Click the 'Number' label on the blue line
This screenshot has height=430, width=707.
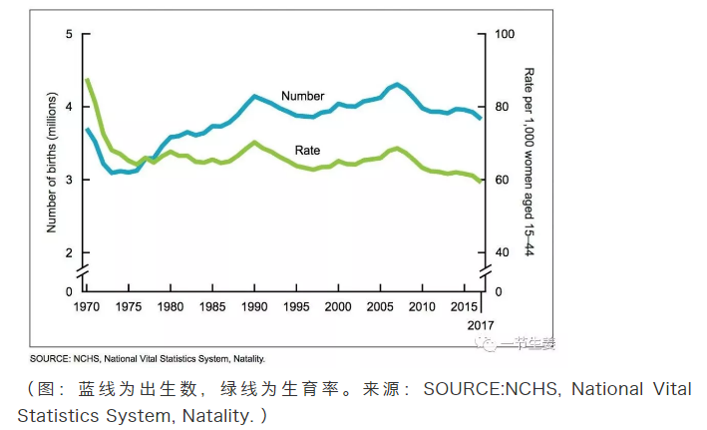[x=302, y=96]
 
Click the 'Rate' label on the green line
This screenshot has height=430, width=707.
[x=307, y=151]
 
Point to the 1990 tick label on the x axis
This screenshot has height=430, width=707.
[x=254, y=306]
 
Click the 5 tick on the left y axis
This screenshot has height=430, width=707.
[x=70, y=35]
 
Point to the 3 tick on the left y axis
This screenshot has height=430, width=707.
[x=70, y=180]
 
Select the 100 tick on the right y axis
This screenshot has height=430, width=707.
[x=506, y=35]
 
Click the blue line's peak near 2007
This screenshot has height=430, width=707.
[x=397, y=84]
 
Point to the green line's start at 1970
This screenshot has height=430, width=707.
[x=87, y=79]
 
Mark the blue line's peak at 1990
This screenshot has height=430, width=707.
[x=255, y=96]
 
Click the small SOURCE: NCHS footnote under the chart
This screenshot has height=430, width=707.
[x=147, y=357]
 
